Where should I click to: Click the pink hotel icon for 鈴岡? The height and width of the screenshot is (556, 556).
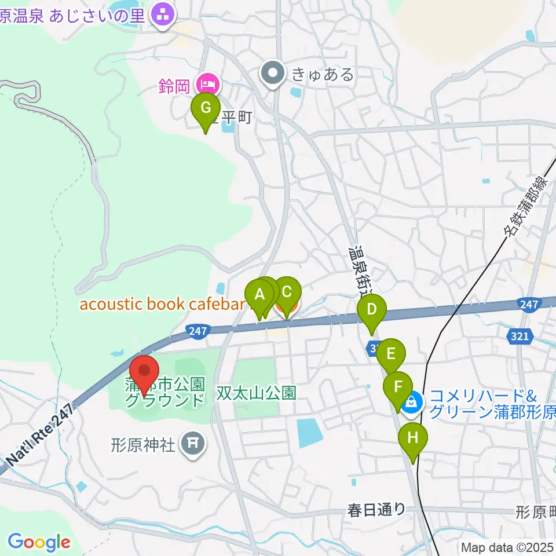point(207,85)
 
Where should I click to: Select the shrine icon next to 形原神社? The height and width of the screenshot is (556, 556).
point(192,444)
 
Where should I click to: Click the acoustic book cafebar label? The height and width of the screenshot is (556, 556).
point(159,304)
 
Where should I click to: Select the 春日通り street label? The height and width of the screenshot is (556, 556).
point(376,510)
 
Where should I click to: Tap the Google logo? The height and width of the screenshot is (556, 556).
point(39,542)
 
